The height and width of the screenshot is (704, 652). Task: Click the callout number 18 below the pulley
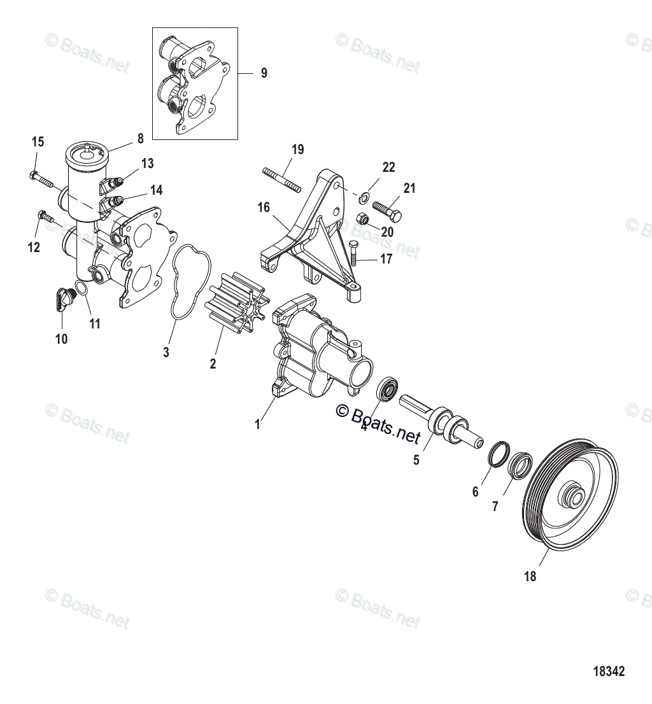click(x=530, y=577)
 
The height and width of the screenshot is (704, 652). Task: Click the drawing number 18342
click(x=609, y=671)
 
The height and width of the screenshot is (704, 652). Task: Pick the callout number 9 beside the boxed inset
click(x=264, y=73)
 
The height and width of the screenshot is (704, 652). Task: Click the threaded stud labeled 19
click(x=280, y=179)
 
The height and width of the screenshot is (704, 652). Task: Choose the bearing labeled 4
click(x=387, y=389)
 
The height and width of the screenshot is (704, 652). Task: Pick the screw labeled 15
click(x=41, y=177)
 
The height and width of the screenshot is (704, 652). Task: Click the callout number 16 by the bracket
click(x=264, y=208)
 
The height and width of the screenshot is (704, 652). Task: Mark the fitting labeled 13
click(x=114, y=184)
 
